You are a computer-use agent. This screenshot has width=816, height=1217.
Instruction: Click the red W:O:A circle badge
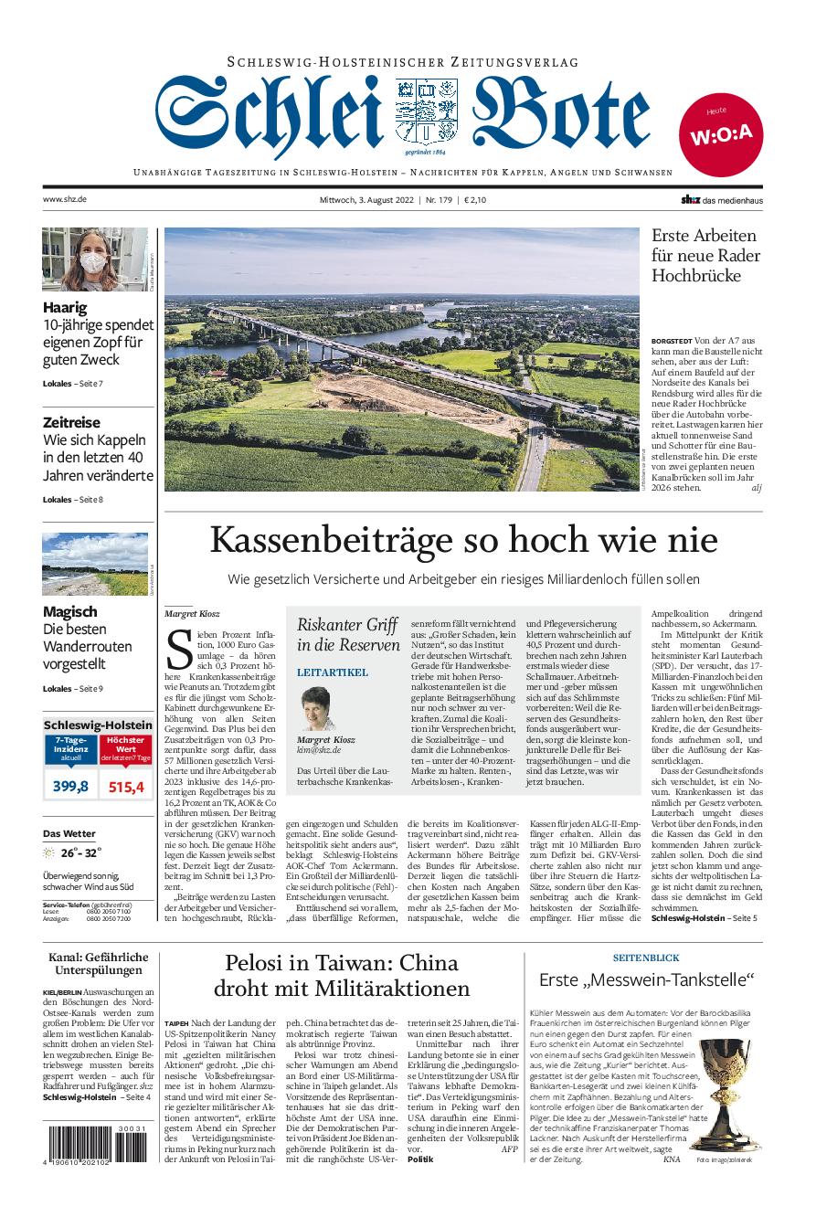click(x=721, y=134)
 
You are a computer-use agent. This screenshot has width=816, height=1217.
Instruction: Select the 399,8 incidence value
click(x=70, y=786)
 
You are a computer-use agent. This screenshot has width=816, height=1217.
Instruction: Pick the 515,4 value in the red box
click(x=126, y=786)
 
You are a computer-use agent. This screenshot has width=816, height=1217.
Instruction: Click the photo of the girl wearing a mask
click(x=94, y=259)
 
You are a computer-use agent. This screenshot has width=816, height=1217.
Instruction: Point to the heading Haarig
click(x=65, y=308)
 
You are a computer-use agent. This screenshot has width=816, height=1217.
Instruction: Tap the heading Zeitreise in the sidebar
click(x=71, y=422)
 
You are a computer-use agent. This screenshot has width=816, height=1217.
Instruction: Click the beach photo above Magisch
click(x=94, y=564)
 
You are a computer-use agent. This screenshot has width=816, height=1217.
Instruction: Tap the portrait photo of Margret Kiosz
click(x=318, y=709)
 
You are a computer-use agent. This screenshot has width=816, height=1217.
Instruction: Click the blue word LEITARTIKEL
click(x=333, y=672)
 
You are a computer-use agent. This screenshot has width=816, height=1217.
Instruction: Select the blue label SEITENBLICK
click(x=645, y=958)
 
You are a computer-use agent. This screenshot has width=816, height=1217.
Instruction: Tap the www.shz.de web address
click(x=64, y=199)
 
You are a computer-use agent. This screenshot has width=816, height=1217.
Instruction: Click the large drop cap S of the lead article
click(x=179, y=649)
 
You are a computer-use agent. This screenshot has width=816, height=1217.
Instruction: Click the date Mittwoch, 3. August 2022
click(x=375, y=199)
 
